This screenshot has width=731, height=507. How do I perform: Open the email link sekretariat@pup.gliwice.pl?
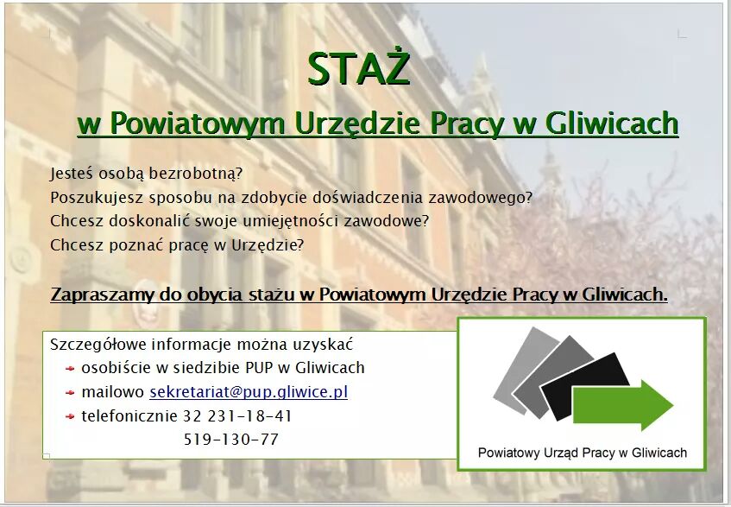tap(249, 392)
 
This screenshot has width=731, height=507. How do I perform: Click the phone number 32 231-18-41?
tap(237, 415)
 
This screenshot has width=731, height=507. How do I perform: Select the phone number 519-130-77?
tap(231, 440)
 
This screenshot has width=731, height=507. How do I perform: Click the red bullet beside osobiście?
tap(70, 369)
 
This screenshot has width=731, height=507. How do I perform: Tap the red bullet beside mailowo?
tap(70, 393)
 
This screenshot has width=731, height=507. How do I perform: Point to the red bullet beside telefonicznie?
tap(70, 416)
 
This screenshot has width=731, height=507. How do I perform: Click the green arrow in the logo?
tap(623, 405)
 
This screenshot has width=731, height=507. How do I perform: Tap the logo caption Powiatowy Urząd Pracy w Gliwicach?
tap(583, 453)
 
